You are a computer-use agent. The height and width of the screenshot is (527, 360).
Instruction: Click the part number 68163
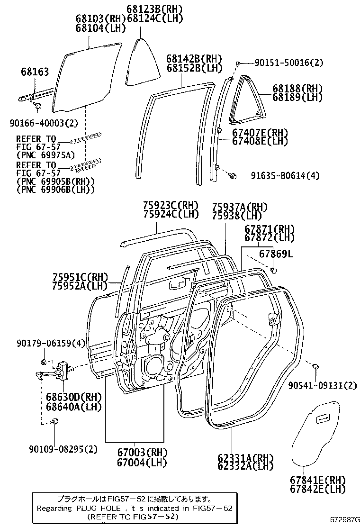pos(35,72)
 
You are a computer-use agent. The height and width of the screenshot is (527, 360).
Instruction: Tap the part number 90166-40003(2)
pos(43,123)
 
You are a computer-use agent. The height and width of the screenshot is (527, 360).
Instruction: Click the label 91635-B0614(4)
pos(285,176)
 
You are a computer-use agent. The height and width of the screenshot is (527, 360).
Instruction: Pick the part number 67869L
pos(276,254)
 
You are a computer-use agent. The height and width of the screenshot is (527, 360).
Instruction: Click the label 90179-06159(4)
pos(44,343)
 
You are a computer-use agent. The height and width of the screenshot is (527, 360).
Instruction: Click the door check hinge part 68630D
pos(62,370)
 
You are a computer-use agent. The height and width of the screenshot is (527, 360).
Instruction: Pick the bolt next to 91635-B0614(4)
pos(232,176)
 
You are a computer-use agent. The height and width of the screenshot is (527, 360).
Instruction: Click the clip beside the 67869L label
pos(273,270)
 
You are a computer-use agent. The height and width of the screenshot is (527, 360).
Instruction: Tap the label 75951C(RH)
pos(80,277)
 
